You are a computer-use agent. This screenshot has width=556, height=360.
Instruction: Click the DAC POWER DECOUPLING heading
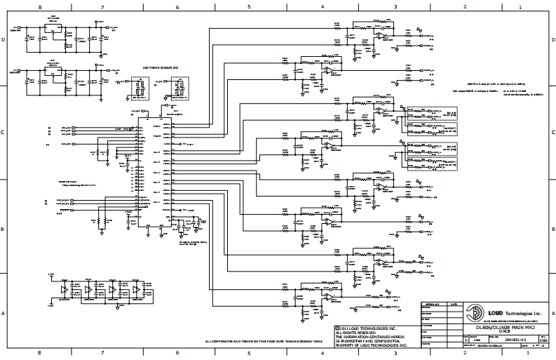161,68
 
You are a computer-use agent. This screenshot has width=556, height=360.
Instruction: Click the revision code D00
541,340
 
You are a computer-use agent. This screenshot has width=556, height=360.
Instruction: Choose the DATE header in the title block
454,305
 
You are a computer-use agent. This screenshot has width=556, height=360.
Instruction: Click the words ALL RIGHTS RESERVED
357,332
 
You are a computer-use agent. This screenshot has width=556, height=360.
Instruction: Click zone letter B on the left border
4,229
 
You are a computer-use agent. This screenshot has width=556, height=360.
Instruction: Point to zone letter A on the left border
4,313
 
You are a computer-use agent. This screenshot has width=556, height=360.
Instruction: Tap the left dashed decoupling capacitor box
137,89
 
